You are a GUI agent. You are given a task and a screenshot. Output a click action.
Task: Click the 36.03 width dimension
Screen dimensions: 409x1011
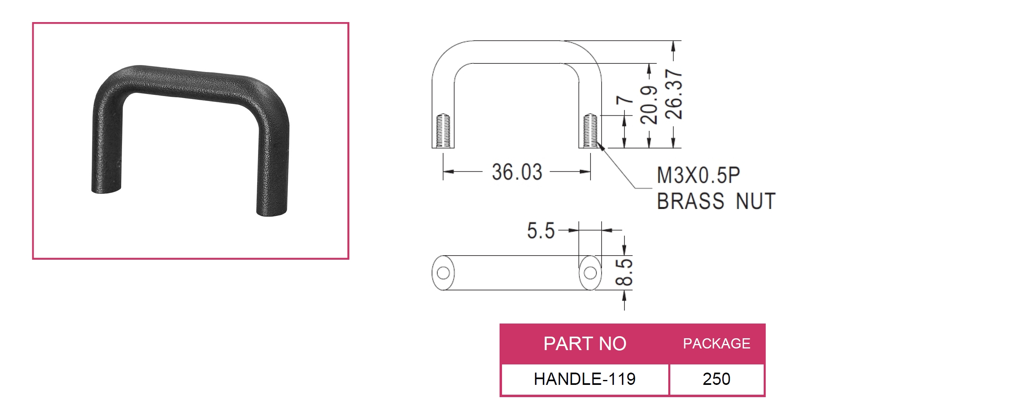517,172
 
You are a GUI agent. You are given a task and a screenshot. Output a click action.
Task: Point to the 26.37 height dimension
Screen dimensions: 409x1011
674,94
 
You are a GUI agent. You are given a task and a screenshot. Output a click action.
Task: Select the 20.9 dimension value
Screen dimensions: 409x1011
649,105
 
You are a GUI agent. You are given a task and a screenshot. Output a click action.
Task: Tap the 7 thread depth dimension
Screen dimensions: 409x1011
624,101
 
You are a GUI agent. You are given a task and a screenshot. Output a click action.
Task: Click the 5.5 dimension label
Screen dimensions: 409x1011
541,231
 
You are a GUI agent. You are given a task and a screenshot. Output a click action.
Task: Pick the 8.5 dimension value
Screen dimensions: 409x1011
624,272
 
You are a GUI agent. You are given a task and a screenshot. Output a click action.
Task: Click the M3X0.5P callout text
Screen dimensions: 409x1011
698,175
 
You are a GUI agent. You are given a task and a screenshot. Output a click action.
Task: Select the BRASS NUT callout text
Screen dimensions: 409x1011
716,201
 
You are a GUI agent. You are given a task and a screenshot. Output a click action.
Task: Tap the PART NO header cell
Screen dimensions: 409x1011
585,344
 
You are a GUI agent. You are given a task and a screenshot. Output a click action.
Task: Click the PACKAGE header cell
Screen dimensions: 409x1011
717,344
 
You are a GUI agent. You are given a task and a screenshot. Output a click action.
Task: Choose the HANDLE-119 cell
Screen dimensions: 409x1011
585,379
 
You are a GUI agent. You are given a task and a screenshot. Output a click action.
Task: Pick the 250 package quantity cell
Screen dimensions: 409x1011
717,379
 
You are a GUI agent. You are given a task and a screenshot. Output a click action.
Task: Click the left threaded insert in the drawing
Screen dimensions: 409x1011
443,130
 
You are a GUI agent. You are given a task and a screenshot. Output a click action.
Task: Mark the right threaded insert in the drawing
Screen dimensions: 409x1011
590,130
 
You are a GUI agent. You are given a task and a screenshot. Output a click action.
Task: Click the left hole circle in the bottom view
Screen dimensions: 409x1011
443,273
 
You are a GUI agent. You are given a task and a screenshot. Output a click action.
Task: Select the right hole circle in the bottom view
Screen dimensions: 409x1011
590,273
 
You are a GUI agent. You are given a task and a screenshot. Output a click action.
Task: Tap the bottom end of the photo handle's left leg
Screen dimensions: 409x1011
106,190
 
